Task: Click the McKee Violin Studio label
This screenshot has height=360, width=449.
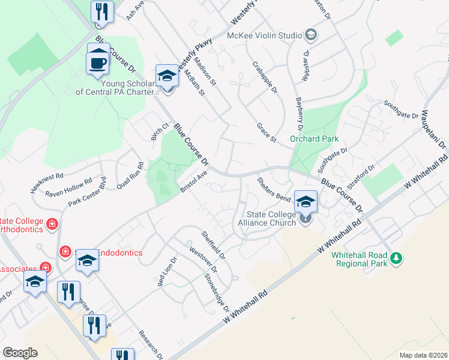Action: coord(264,35)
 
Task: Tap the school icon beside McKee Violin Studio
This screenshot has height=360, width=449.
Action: coord(310,35)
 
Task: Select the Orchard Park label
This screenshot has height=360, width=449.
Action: coord(315,139)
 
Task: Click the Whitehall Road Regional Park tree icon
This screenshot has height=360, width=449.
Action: coord(395,259)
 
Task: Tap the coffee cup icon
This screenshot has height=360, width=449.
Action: coord(98,62)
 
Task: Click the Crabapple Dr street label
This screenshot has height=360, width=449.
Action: coord(265,78)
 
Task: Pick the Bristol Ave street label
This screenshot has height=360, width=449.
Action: coord(193,182)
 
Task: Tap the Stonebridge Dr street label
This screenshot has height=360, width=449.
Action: coord(217,292)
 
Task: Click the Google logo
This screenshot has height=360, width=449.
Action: coord(20,353)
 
